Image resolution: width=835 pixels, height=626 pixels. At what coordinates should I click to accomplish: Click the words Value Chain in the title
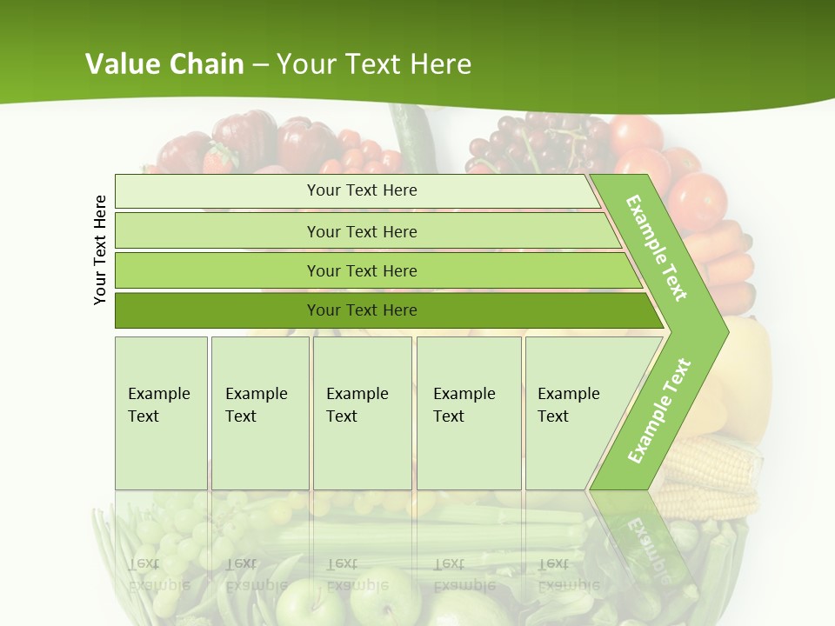pyautogui.click(x=164, y=63)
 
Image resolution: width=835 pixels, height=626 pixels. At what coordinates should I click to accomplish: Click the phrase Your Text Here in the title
pyautogui.click(x=374, y=63)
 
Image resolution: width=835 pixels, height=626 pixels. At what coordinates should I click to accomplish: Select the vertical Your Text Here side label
pyautogui.click(x=100, y=250)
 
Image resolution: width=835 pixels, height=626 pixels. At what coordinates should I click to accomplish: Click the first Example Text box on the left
pyautogui.click(x=161, y=413)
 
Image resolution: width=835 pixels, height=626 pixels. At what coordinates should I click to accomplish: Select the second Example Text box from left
pyautogui.click(x=260, y=413)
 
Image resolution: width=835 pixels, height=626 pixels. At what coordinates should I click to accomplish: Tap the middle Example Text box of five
pyautogui.click(x=362, y=413)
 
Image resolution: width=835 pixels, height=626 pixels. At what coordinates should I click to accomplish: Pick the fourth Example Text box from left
pyautogui.click(x=469, y=413)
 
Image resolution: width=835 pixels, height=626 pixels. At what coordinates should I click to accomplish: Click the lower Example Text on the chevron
pyautogui.click(x=659, y=410)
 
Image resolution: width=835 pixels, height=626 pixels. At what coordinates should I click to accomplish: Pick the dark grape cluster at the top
pyautogui.click(x=535, y=139)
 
